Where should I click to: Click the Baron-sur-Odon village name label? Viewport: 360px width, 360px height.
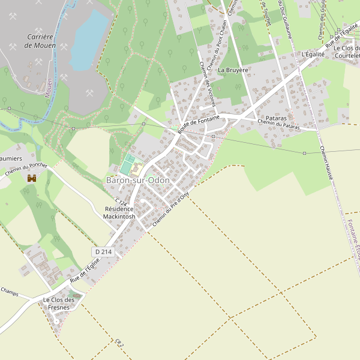138,180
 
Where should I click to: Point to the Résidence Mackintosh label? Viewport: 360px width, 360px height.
119,212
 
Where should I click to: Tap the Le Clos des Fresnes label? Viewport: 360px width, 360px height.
58,304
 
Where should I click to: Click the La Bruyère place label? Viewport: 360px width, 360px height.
233,70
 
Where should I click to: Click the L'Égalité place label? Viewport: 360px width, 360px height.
314,55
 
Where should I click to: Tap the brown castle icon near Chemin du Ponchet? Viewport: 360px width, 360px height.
32,178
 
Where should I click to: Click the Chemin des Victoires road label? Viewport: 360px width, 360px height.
208,85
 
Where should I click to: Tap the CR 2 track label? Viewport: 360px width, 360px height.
119,343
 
